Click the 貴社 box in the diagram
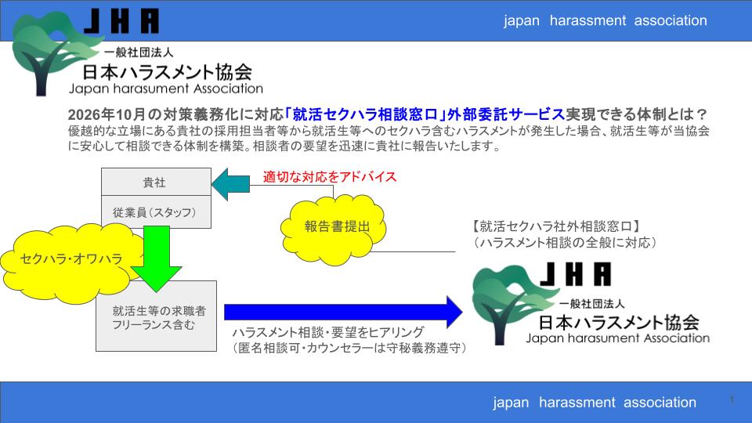[x=155, y=183]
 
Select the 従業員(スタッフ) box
[x=155, y=212]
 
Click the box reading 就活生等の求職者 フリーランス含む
[x=157, y=316]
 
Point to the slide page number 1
[x=732, y=400]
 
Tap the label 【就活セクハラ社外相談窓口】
[x=557, y=227]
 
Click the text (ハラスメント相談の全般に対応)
[x=565, y=244]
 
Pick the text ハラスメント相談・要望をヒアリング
[x=328, y=331]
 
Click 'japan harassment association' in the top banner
[x=605, y=21]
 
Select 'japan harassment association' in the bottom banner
[x=594, y=403]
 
